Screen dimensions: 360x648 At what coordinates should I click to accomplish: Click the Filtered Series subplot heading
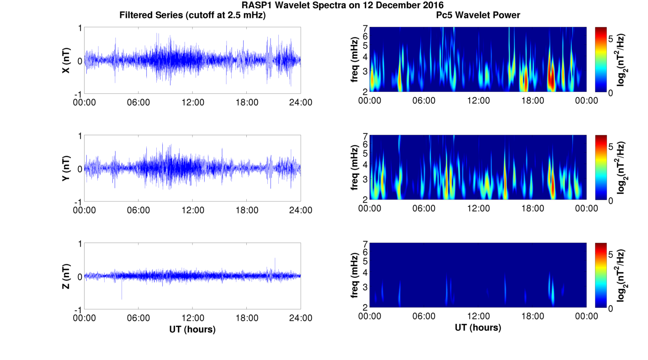192,15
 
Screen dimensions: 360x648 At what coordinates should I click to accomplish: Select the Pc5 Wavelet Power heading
478,15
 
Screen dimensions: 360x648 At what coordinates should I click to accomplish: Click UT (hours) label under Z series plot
192,329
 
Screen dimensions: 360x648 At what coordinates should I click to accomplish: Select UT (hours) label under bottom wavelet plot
478,328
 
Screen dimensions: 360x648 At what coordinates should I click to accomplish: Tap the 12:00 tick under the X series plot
192,102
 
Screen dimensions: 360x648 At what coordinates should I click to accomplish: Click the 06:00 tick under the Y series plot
138,210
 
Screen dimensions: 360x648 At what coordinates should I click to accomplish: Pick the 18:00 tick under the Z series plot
247,318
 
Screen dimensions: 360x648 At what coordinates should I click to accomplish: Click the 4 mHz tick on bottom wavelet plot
365,273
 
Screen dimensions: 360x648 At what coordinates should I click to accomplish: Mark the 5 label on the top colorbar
611,39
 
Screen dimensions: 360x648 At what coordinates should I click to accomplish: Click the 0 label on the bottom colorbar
611,309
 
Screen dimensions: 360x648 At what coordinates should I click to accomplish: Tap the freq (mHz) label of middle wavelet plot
355,168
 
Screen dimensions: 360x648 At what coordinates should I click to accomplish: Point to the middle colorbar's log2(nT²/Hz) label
621,168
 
